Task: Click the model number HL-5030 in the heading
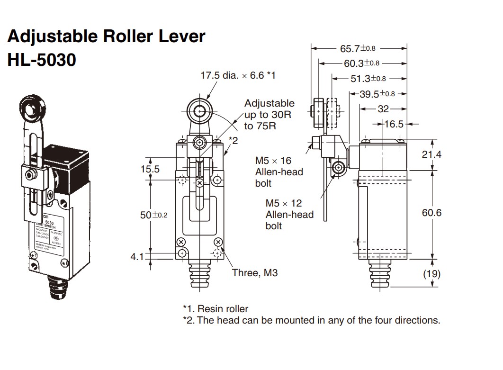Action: [42, 60]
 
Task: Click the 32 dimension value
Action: [383, 109]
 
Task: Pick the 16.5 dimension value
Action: [394, 124]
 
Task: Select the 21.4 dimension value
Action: [431, 154]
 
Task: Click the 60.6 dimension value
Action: [431, 213]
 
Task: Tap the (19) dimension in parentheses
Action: [431, 273]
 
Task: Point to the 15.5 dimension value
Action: [150, 169]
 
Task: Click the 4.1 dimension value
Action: [138, 256]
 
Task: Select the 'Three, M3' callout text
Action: [255, 272]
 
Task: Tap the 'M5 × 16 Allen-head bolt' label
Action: [279, 172]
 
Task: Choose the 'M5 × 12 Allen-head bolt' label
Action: [289, 214]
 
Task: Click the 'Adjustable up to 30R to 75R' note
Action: [269, 114]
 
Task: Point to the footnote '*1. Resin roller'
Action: [216, 309]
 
